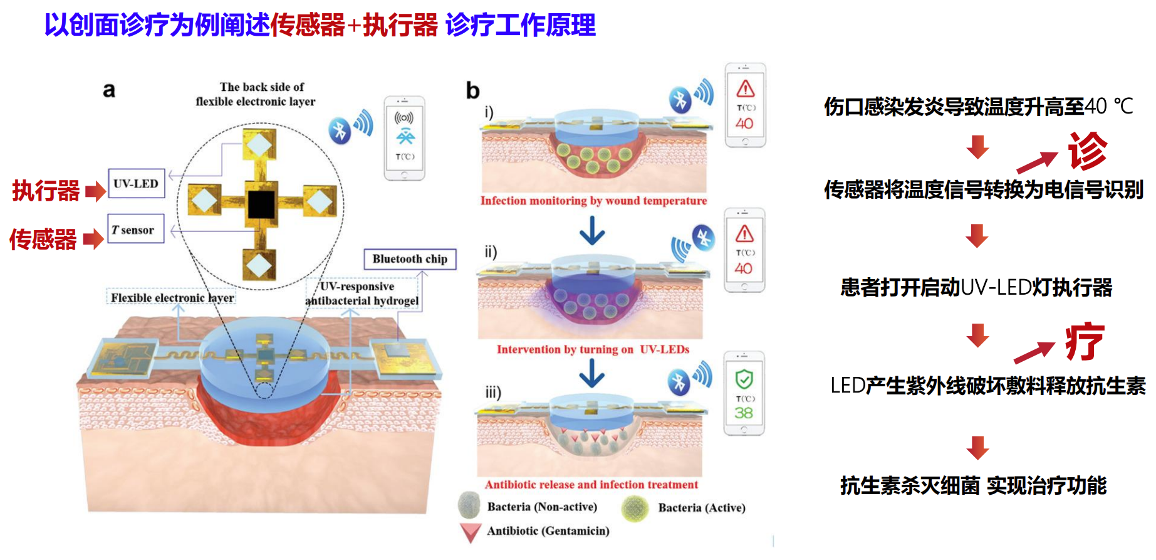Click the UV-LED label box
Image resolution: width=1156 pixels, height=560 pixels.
[136, 184]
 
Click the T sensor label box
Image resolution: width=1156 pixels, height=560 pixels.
[135, 230]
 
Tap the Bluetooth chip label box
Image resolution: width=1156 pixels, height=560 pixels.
[410, 259]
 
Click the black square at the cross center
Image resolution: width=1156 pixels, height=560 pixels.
[261, 204]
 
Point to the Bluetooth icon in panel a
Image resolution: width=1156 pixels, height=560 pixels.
[340, 130]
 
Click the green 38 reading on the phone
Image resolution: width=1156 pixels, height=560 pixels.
[744, 413]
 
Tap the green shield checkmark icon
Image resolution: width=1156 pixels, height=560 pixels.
[744, 379]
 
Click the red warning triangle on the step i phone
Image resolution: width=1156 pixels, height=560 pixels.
[745, 88]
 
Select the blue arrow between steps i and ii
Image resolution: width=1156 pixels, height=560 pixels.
[592, 230]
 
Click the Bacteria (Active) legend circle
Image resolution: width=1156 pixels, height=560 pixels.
[635, 508]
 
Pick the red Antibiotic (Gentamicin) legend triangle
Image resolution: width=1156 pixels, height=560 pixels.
[470, 532]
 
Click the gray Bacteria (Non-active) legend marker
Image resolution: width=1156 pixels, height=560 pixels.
[469, 505]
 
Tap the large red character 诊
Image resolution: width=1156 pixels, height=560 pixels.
[1088, 151]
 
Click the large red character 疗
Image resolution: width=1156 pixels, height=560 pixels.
[1085, 342]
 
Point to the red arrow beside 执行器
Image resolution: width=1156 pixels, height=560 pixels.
[95, 191]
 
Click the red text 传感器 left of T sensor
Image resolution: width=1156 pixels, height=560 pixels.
[43, 240]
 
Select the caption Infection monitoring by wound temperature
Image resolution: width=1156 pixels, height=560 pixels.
[593, 201]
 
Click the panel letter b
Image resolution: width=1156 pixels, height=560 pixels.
[472, 92]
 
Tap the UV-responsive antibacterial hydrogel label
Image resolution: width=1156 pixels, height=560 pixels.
[362, 293]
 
